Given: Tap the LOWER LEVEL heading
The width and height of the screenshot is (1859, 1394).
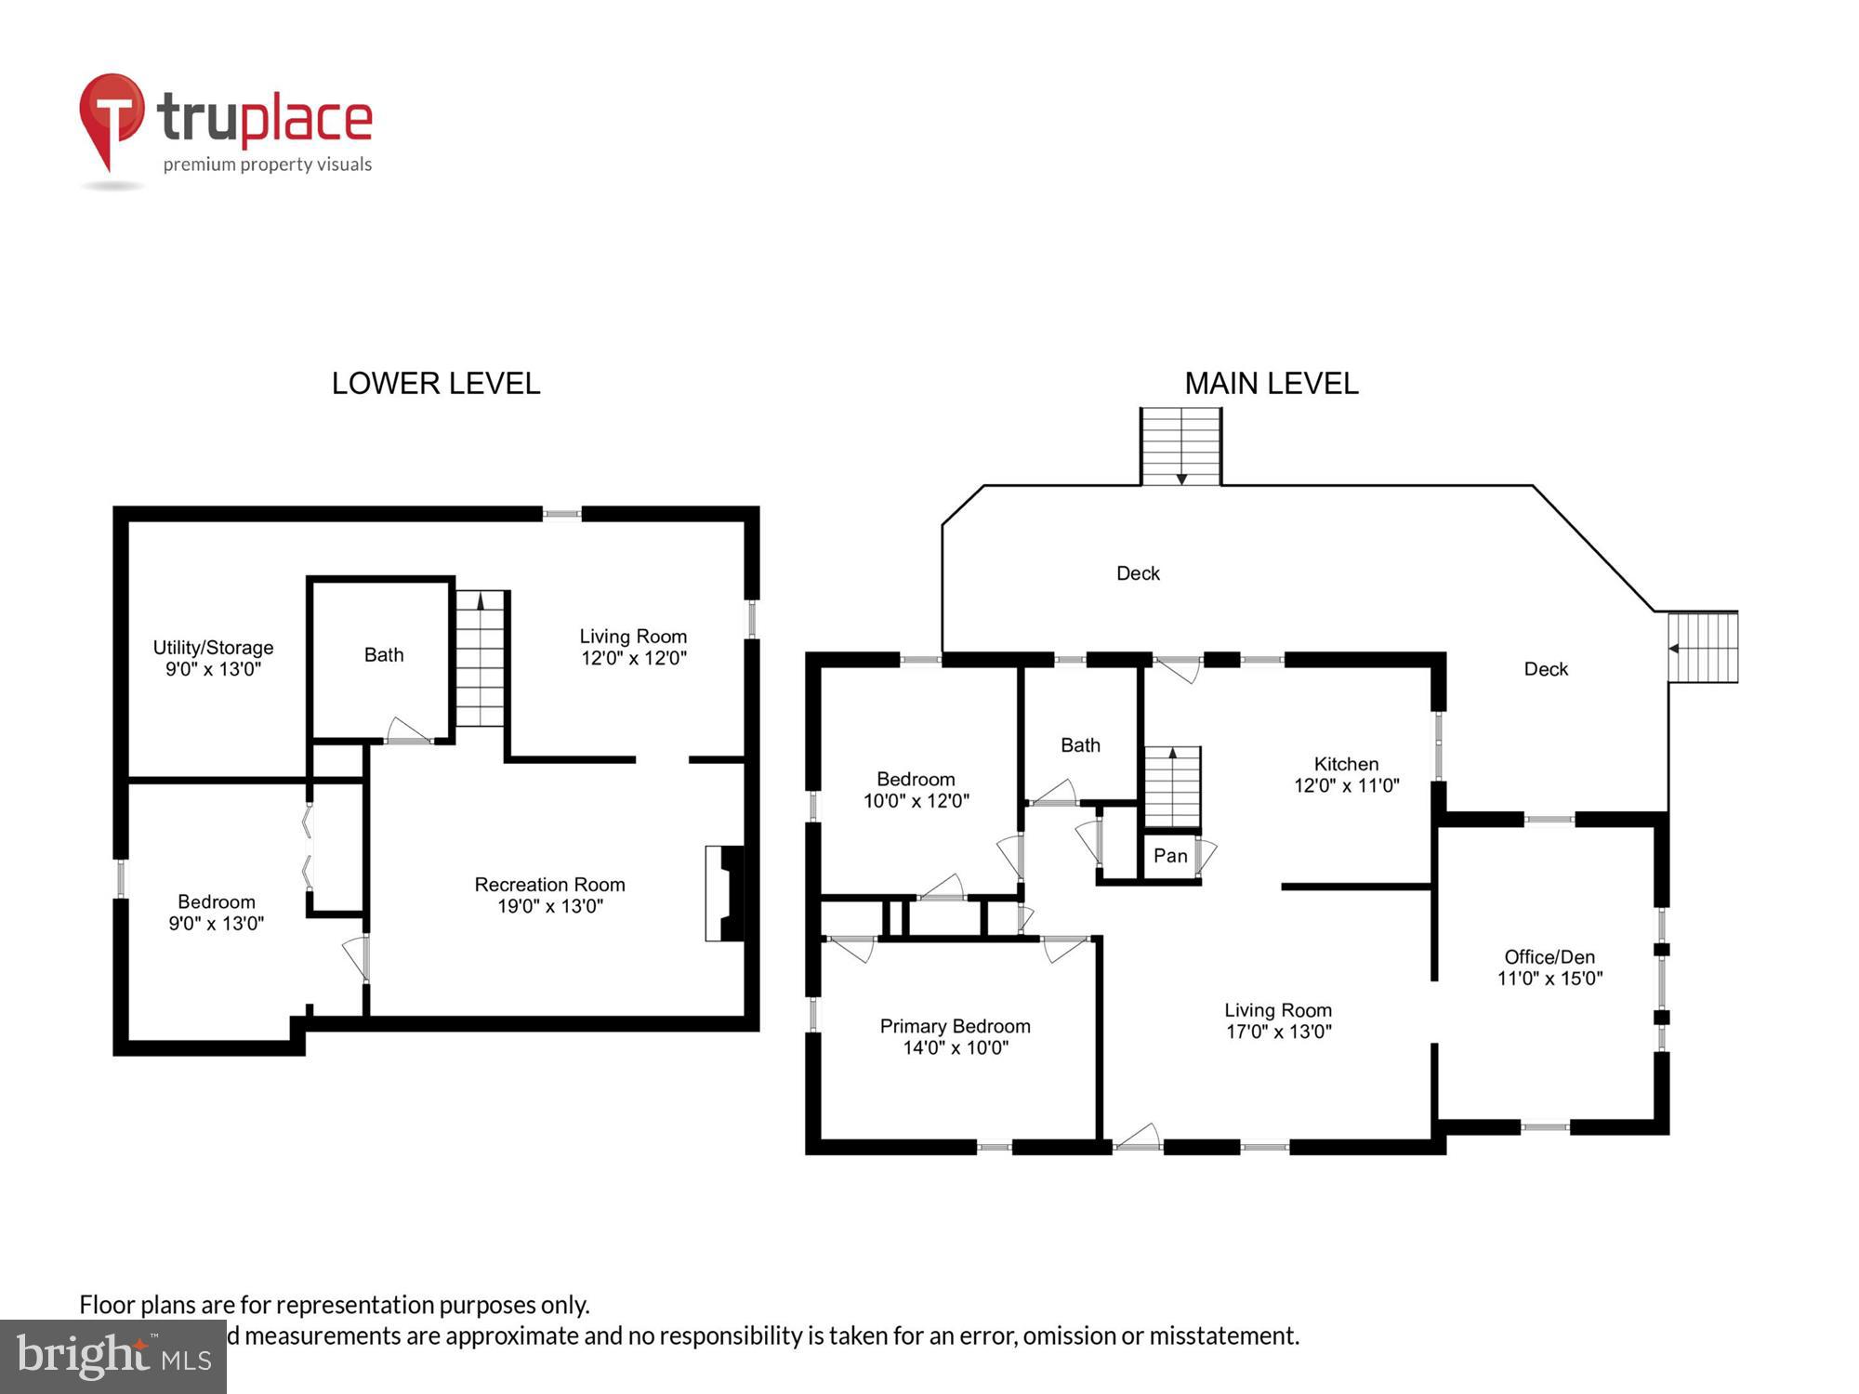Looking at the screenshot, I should pyautogui.click(x=435, y=383).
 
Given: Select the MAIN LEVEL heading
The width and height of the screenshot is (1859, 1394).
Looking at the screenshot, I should pyautogui.click(x=1271, y=383).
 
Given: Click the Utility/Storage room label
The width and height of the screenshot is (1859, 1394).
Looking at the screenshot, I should pyautogui.click(x=213, y=648).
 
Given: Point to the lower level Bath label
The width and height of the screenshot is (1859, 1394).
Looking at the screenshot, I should pyautogui.click(x=384, y=655).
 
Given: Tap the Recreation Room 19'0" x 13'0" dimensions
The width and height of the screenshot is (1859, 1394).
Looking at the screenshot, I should pyautogui.click(x=550, y=906).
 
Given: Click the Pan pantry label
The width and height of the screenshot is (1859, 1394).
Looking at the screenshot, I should pyautogui.click(x=1170, y=856).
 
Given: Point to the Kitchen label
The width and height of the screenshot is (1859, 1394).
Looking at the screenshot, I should pyautogui.click(x=1346, y=764).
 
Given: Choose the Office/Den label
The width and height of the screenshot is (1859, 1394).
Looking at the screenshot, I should pyautogui.click(x=1549, y=956).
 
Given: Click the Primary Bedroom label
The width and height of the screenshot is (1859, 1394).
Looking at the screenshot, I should pyautogui.click(x=955, y=1026).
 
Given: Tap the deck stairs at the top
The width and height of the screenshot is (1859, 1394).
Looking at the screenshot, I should pyautogui.click(x=1181, y=447).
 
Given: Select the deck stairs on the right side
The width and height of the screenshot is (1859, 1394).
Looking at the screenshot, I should pyautogui.click(x=1703, y=647).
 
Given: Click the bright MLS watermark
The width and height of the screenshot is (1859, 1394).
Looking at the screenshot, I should pyautogui.click(x=113, y=1356).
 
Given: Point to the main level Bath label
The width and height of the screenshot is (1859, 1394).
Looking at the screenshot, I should pyautogui.click(x=1080, y=745).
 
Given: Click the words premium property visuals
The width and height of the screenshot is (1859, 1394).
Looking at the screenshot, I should pyautogui.click(x=268, y=164).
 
